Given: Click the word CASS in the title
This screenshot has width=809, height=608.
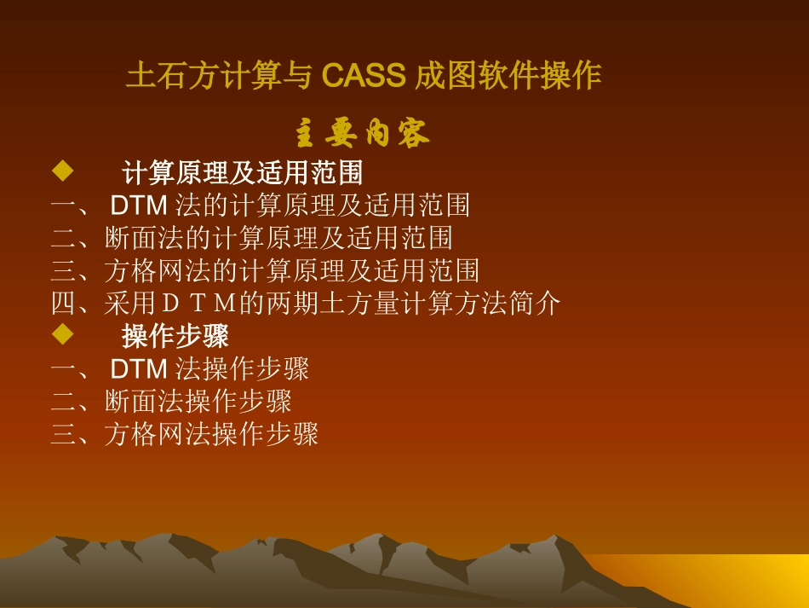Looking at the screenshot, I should pyautogui.click(x=364, y=76).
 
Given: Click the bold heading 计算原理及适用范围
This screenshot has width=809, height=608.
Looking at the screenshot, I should pyautogui.click(x=243, y=173).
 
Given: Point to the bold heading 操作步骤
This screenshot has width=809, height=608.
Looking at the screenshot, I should pyautogui.click(x=175, y=336).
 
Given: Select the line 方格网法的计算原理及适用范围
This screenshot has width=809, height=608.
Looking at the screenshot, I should pyautogui.click(x=265, y=271).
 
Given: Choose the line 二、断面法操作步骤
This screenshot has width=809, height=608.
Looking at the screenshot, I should pyautogui.click(x=171, y=401).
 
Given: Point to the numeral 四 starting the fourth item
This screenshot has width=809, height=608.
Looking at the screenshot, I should pyautogui.click(x=64, y=304).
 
